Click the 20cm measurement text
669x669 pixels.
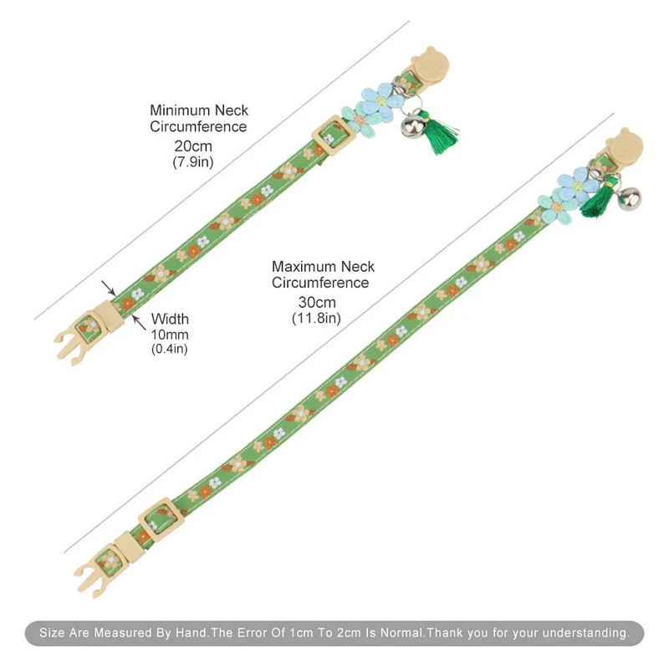[x=193, y=146]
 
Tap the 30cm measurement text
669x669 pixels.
[x=317, y=303]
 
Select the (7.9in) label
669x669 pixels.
[x=193, y=162]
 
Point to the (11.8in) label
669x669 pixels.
[x=317, y=319]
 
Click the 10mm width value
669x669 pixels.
[x=170, y=335]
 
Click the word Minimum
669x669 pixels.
[x=180, y=110]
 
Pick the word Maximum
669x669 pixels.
[x=304, y=267]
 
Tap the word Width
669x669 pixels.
[x=170, y=319]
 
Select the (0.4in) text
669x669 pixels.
[x=170, y=349]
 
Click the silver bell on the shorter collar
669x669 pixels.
[x=411, y=125]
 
